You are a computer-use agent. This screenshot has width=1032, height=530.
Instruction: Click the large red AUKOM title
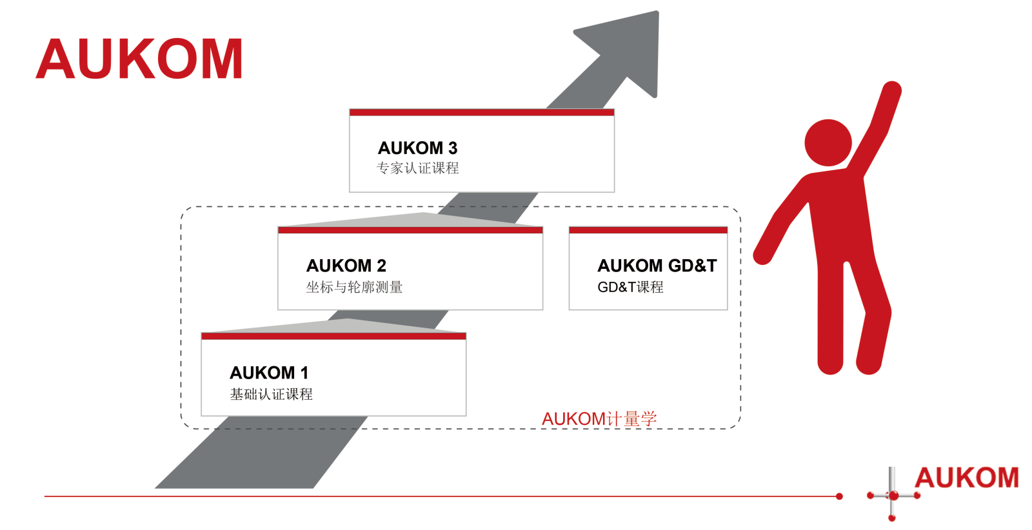(139, 59)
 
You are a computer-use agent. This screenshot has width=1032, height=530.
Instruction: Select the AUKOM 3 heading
(417, 148)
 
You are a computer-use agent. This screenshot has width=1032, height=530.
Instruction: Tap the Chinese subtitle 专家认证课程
(417, 168)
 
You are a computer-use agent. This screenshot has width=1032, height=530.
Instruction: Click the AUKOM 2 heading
(346, 266)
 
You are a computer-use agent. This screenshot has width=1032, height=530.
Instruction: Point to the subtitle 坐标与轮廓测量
(354, 287)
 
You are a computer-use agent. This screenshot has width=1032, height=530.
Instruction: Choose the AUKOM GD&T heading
(657, 266)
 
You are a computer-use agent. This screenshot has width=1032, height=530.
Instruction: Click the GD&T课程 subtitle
(630, 287)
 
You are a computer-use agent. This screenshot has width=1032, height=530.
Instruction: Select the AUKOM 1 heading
(269, 373)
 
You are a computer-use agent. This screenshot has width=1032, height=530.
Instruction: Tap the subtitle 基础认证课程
(271, 394)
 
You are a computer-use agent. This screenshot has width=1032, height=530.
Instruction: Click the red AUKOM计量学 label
(599, 419)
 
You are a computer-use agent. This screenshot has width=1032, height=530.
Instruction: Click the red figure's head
(828, 142)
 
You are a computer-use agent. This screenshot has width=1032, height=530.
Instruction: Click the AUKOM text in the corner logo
(966, 478)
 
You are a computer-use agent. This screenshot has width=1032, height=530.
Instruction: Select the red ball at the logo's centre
(893, 496)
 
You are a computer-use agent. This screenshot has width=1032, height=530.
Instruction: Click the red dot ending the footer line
(839, 496)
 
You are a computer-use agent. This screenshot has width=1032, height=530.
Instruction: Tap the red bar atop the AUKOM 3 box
(481, 113)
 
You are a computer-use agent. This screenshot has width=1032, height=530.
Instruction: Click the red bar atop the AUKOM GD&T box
(648, 230)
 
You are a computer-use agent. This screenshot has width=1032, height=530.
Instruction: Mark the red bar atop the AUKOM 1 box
(333, 337)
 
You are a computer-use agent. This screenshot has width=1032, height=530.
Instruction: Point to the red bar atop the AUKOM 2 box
(410, 230)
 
